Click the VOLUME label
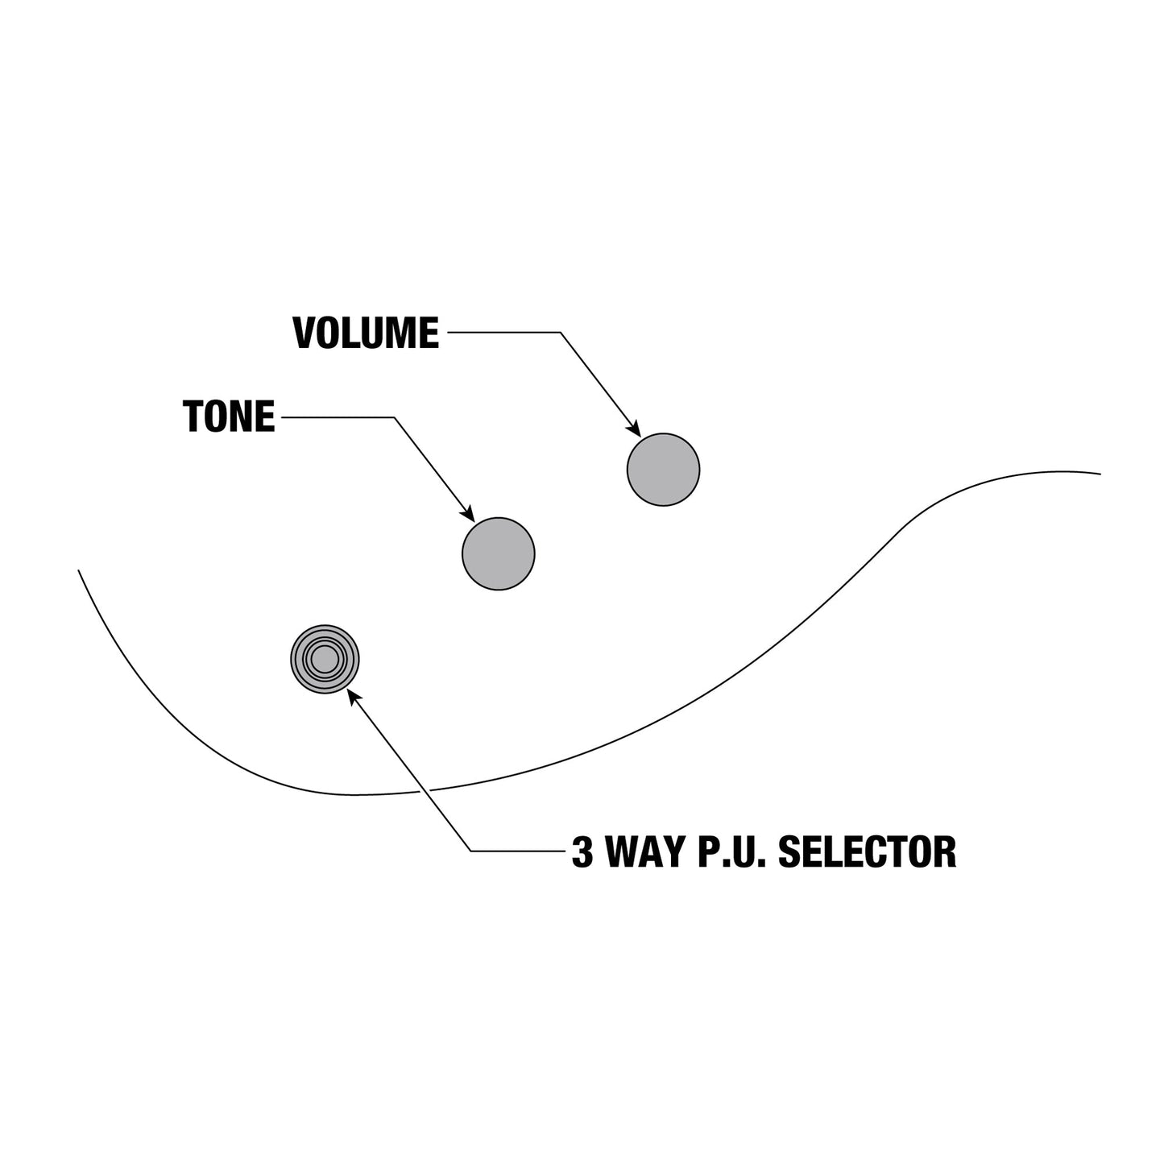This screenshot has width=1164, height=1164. click(x=366, y=333)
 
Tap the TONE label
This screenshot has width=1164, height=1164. click(x=229, y=416)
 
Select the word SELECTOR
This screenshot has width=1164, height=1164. click(x=867, y=851)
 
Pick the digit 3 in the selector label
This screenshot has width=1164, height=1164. click(x=582, y=851)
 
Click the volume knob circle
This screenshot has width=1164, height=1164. click(x=663, y=470)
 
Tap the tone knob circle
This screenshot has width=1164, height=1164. click(x=499, y=553)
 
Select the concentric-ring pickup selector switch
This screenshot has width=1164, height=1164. click(x=325, y=659)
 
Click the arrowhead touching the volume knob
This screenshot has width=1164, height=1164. click(x=634, y=429)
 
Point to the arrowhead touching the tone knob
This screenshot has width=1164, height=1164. click(x=468, y=512)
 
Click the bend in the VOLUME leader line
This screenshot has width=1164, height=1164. click(x=560, y=332)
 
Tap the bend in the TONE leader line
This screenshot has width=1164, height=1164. click(x=394, y=416)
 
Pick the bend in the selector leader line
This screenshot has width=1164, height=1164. click(x=471, y=851)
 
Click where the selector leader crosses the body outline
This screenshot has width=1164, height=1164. click(x=425, y=790)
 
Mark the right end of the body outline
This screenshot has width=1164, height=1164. click(x=1100, y=474)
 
